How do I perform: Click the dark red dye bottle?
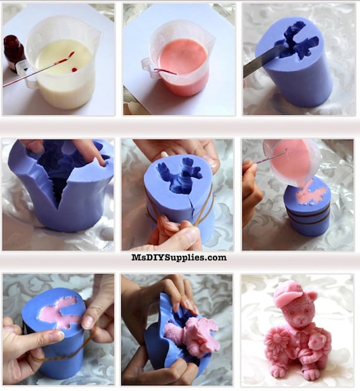14,53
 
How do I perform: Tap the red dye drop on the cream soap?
74,69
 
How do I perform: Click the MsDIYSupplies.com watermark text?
179,258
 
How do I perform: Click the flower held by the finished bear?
277,340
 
